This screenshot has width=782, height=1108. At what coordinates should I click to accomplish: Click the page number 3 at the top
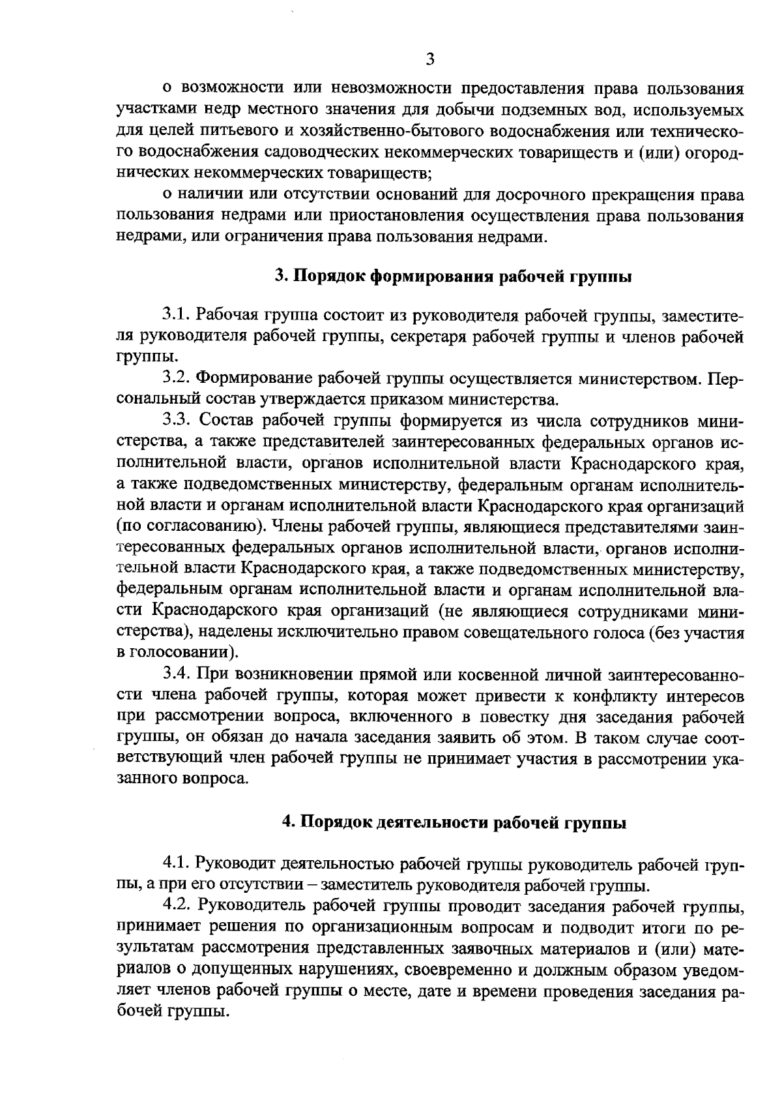[429, 60]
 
